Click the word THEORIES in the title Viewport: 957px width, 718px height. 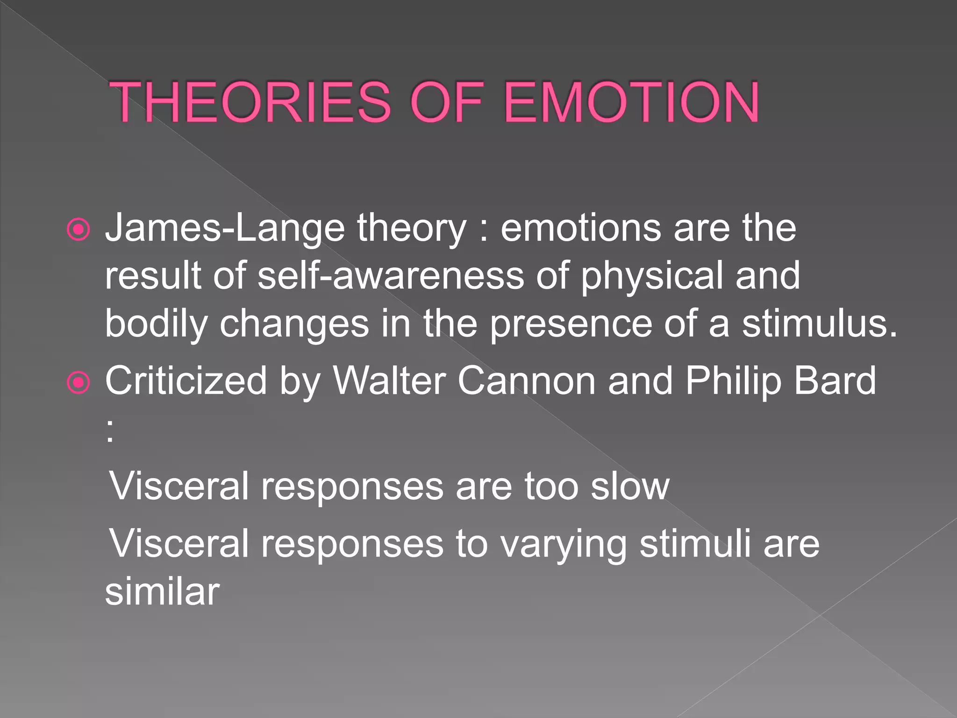click(250, 103)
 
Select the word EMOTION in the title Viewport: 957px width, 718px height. click(632, 103)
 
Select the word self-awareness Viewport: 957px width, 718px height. click(391, 276)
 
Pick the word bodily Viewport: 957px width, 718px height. click(156, 324)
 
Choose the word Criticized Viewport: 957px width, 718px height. click(186, 381)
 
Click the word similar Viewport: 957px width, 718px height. click(162, 592)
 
